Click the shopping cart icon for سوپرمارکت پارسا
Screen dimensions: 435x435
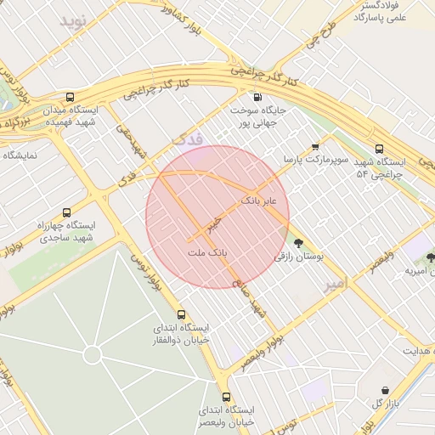[x=315, y=146]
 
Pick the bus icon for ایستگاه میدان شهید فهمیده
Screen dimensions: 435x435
[x=70, y=97]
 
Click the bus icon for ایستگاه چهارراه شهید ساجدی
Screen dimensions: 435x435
[x=66, y=212]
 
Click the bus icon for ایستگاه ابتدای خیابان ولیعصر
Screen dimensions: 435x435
[x=226, y=397]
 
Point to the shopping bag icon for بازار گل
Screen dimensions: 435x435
[x=386, y=390]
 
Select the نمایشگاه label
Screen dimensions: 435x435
[x=21, y=155]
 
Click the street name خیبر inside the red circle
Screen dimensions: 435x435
[x=214, y=225]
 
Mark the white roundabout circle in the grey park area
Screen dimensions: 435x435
[x=93, y=353]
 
